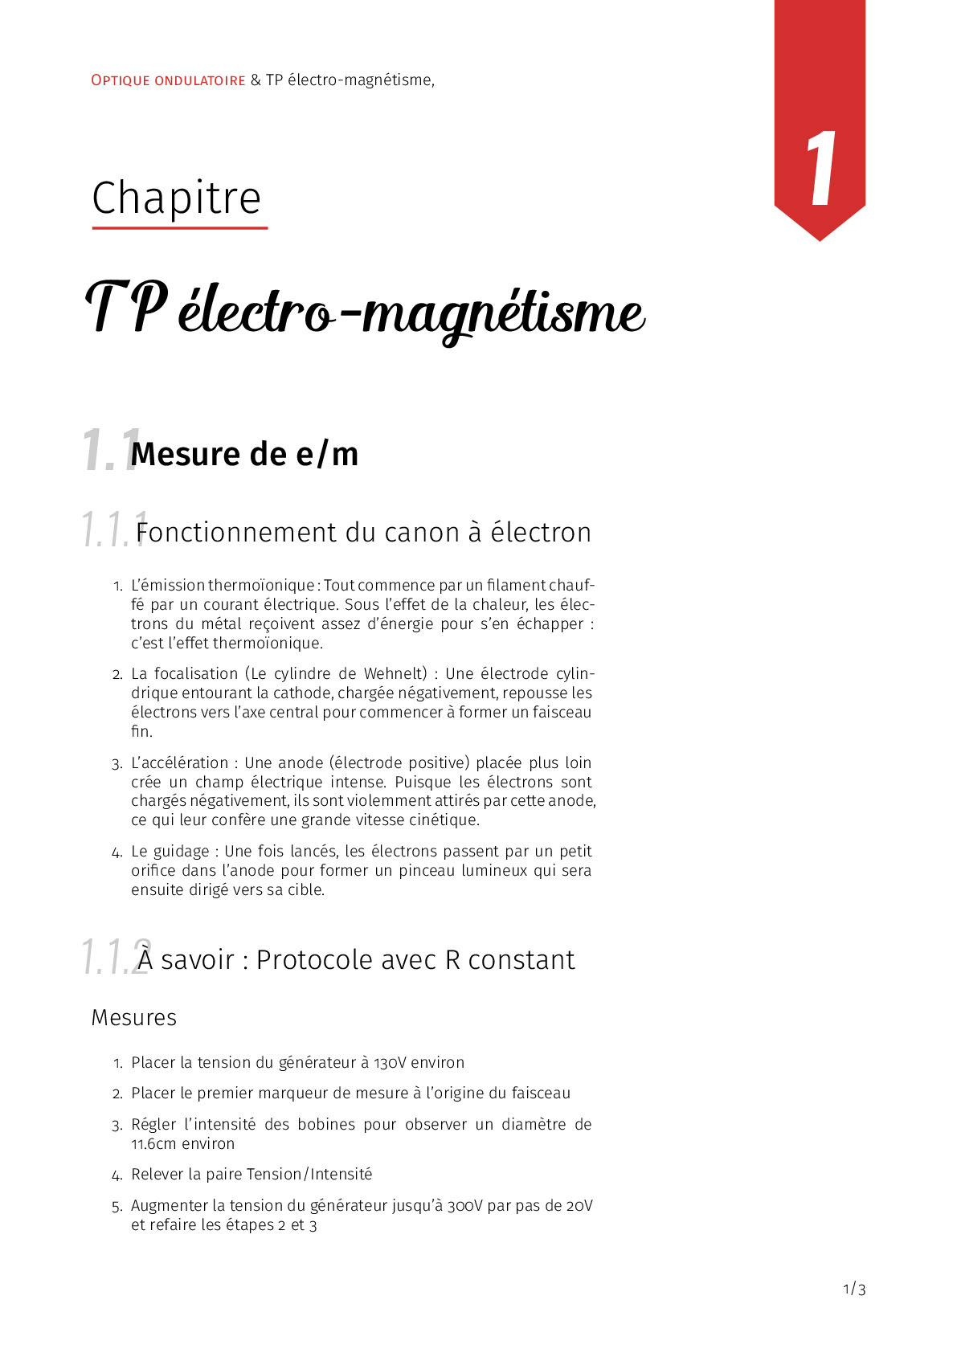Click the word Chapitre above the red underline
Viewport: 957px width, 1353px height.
(177, 198)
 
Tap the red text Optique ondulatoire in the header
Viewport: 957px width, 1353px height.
(168, 80)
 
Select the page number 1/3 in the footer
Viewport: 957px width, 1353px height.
(854, 1290)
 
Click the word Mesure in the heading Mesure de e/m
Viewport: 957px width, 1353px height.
(186, 455)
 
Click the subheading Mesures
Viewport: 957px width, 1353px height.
(134, 1018)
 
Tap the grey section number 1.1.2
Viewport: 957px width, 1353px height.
(114, 958)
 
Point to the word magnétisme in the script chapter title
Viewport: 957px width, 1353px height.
(503, 313)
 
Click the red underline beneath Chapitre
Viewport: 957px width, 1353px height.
(180, 228)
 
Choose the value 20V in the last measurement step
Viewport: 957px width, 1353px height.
(579, 1206)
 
